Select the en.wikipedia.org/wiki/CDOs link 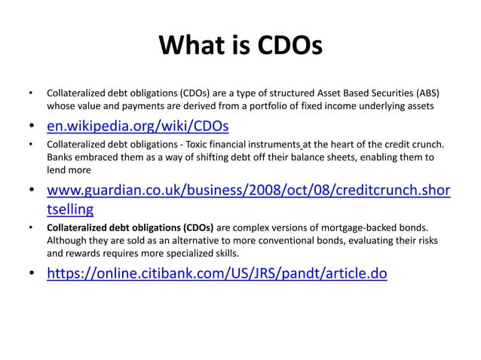[137, 124]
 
